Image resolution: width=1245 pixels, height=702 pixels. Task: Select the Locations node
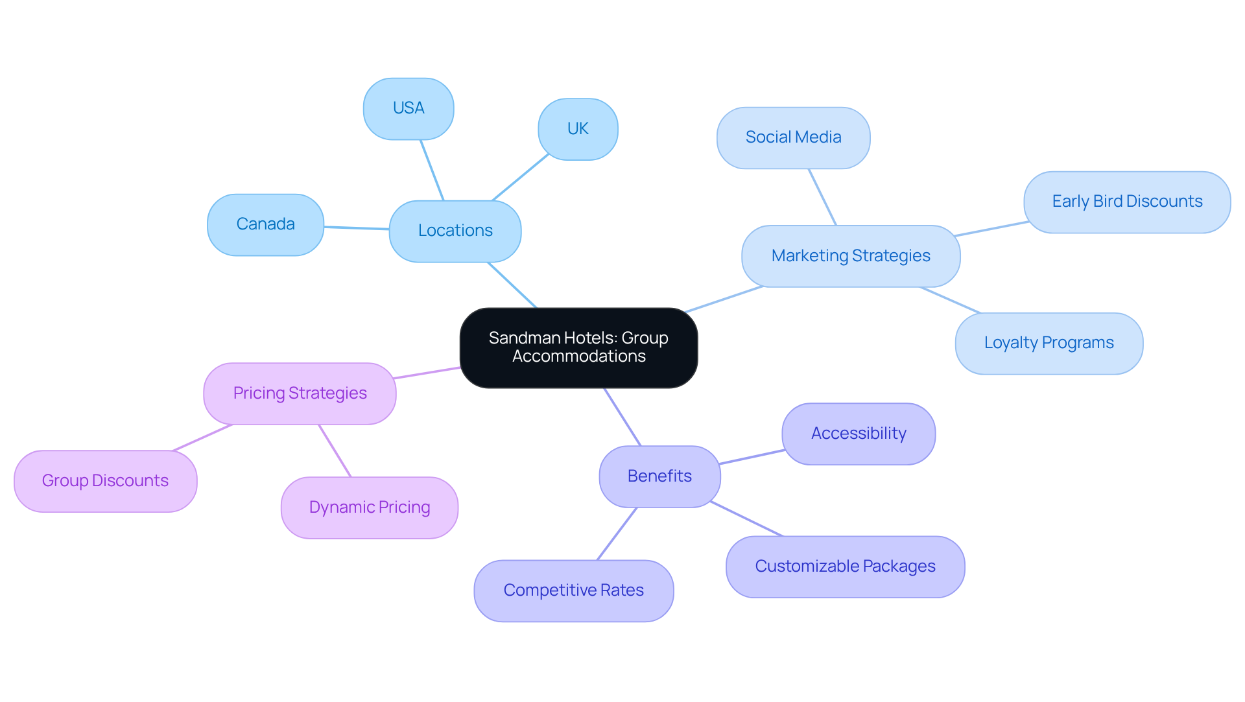455,231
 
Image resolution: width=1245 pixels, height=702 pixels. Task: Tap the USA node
409,108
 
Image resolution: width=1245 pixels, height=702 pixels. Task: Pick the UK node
578,129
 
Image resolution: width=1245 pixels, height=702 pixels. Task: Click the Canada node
265,224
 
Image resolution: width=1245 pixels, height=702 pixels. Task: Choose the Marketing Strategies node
851,256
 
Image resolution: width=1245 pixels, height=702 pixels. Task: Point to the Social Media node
793,137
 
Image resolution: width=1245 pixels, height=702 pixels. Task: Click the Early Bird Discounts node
1127,202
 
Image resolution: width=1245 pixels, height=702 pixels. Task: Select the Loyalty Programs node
1049,343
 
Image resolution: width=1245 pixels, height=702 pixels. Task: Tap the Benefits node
659,476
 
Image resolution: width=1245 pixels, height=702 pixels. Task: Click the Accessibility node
859,434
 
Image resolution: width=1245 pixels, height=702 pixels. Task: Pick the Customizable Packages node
845,567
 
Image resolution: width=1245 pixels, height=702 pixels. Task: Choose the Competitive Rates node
573,591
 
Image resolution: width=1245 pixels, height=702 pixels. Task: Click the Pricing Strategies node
300,393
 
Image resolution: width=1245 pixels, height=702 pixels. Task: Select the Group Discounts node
105,481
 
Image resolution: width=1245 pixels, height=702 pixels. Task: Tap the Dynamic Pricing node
370,508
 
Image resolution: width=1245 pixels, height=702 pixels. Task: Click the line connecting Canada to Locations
357,228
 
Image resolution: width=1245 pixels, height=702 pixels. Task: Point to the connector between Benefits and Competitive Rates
617,534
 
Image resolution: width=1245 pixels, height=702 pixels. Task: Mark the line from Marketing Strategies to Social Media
822,197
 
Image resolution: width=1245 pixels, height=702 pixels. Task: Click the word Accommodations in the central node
578,357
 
